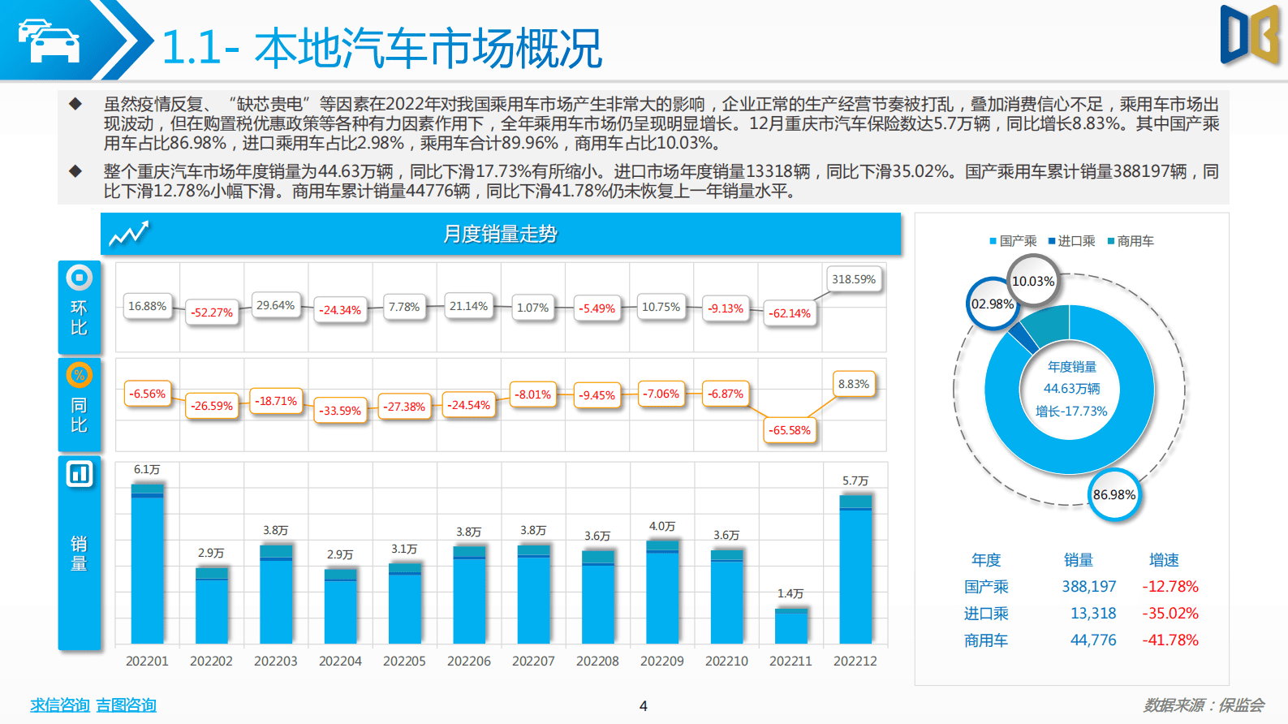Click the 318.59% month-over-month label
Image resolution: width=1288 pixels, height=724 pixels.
click(x=854, y=279)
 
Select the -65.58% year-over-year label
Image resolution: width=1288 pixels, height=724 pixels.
click(x=790, y=430)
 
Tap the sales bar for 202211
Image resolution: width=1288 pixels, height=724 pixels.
click(x=790, y=625)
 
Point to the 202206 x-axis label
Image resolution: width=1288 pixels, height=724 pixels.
click(x=468, y=661)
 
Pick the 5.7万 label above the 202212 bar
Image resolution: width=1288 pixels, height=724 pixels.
click(x=855, y=481)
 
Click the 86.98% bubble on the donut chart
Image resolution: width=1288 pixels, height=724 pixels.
click(x=1114, y=494)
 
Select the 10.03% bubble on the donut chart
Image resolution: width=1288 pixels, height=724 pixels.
click(x=1032, y=281)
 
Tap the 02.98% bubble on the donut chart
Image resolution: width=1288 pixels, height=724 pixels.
click(x=992, y=304)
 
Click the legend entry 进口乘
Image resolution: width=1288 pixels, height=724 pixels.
click(x=1071, y=241)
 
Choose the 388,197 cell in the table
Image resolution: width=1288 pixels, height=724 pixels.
click(x=1088, y=586)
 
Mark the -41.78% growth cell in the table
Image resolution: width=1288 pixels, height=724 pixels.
click(x=1170, y=640)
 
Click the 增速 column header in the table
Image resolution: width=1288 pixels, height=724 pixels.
click(x=1163, y=560)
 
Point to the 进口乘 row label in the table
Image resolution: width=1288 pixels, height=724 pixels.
click(x=985, y=613)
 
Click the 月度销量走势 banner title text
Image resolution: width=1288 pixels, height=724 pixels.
click(x=500, y=234)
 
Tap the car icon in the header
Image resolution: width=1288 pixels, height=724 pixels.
click(x=50, y=40)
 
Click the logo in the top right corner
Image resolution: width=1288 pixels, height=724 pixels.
click(x=1249, y=35)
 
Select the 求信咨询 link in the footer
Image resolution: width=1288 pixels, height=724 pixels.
click(x=59, y=705)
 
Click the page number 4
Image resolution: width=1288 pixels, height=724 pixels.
click(x=643, y=705)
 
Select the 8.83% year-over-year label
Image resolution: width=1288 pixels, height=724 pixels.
click(x=853, y=384)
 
